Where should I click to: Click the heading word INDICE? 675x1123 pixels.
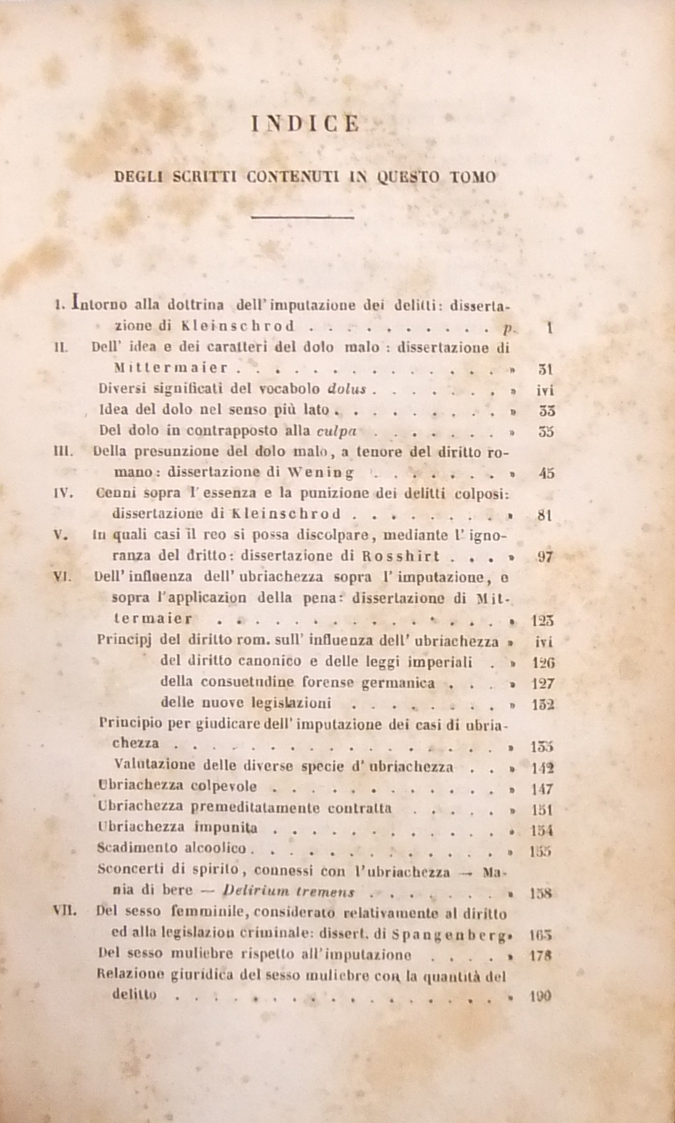coord(305,124)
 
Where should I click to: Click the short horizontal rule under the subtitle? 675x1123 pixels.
coord(303,217)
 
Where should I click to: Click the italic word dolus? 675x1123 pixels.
coord(347,389)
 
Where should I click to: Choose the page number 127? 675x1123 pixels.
coord(542,683)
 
